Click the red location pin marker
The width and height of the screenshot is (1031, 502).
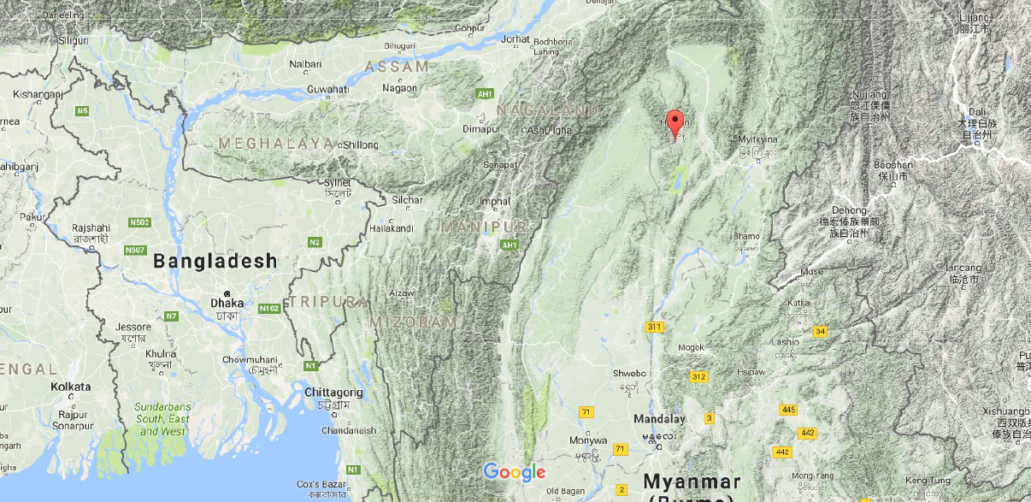coord(675,125)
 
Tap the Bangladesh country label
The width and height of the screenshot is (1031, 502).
coord(215,262)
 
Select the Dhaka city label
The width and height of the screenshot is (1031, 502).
coord(227,303)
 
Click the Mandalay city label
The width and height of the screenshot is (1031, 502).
coord(658,419)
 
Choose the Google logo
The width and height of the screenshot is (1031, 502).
coord(514,472)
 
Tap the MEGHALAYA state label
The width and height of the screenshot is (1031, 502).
coord(275,144)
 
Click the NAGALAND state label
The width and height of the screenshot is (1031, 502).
coord(547,110)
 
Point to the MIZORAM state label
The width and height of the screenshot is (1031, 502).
coord(413,322)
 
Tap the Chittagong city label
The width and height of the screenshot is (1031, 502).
coord(333,393)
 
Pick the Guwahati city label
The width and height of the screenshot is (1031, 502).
coord(328,89)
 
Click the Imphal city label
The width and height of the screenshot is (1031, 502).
coord(495,203)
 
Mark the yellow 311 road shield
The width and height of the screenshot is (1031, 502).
coord(655,327)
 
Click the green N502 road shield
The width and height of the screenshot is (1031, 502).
coord(140,223)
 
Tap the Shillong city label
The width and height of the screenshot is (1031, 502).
coord(359,145)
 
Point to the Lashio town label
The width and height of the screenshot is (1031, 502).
coord(786,342)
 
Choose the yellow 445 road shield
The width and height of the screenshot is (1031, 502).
coord(787,410)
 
